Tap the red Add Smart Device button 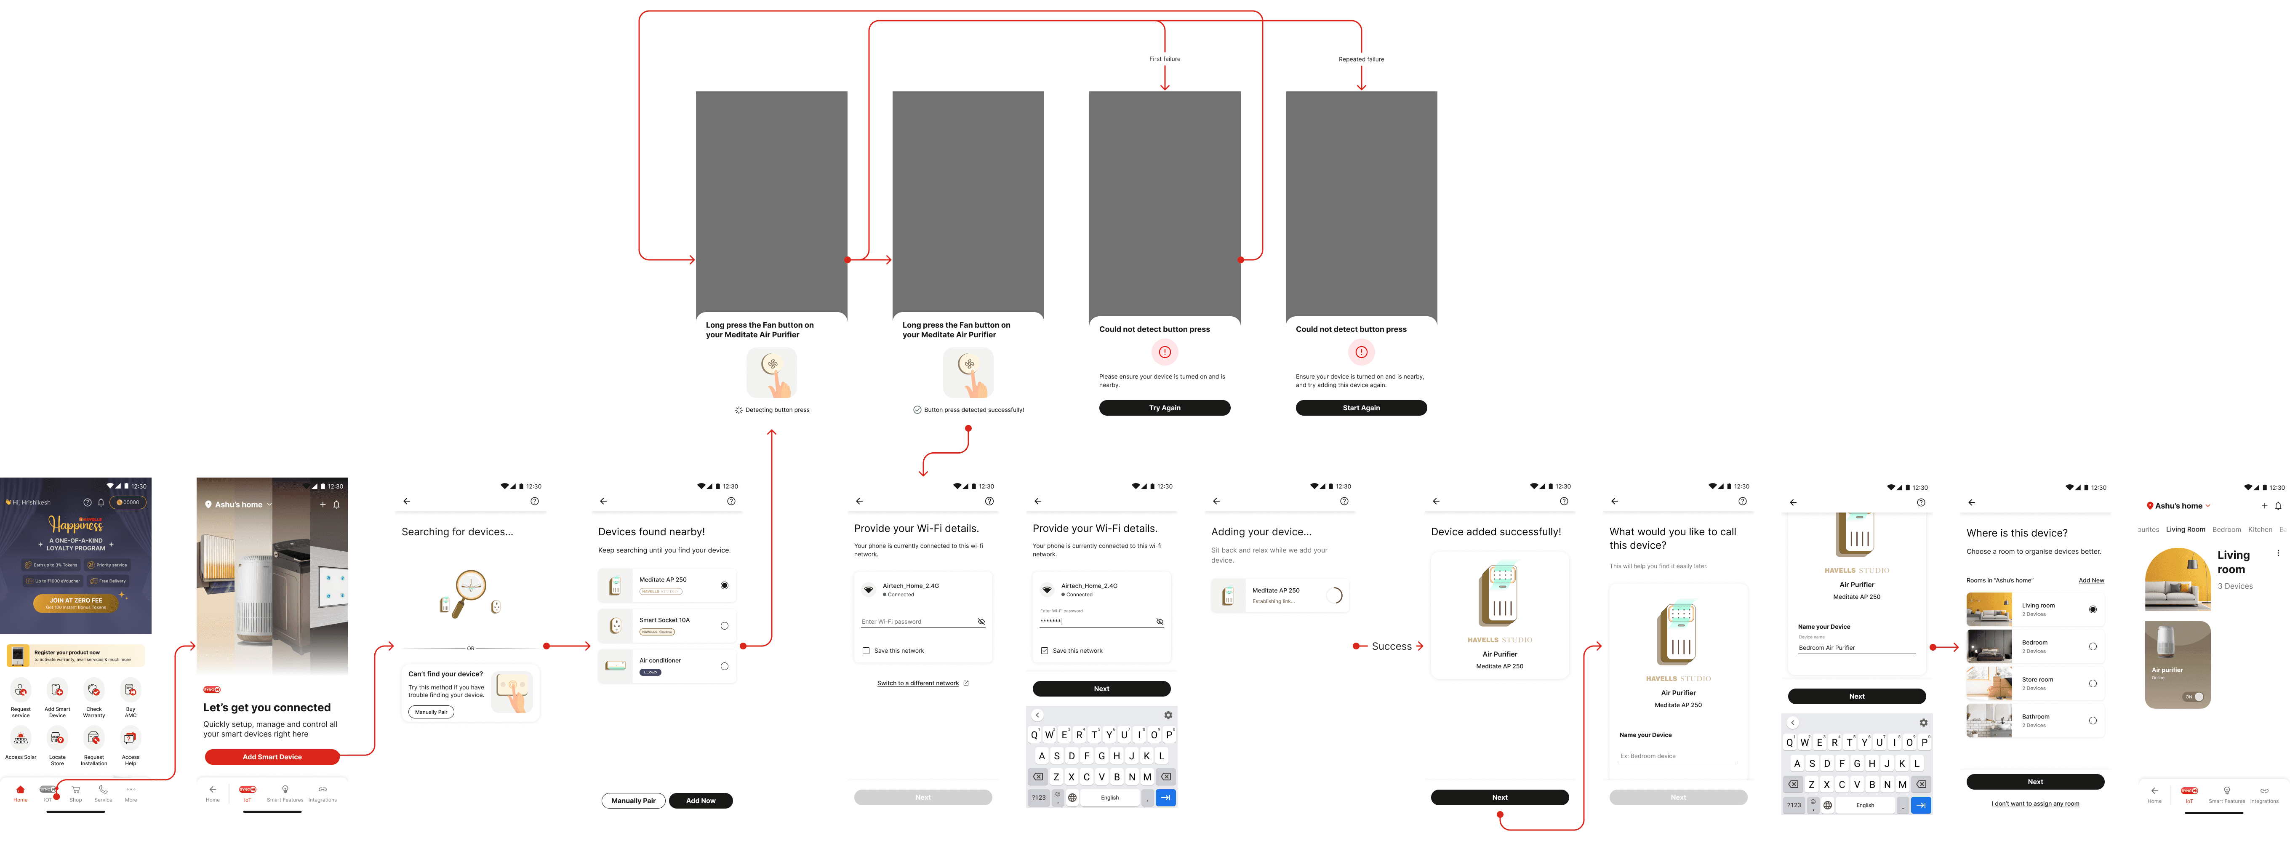click(x=272, y=756)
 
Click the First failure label click(x=1165, y=59)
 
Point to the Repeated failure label click(x=1361, y=59)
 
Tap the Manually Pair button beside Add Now click(x=633, y=800)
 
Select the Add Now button click(x=701, y=800)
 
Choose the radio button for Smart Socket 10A click(x=725, y=626)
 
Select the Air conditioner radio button click(x=725, y=666)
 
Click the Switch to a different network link click(x=918, y=683)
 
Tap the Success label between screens click(x=1391, y=646)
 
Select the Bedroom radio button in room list click(x=2093, y=646)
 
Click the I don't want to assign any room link click(x=2035, y=804)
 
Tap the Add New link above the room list click(x=2091, y=580)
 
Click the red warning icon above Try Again click(x=1165, y=352)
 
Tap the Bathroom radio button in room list click(x=2093, y=720)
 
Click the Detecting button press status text click(x=777, y=410)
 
